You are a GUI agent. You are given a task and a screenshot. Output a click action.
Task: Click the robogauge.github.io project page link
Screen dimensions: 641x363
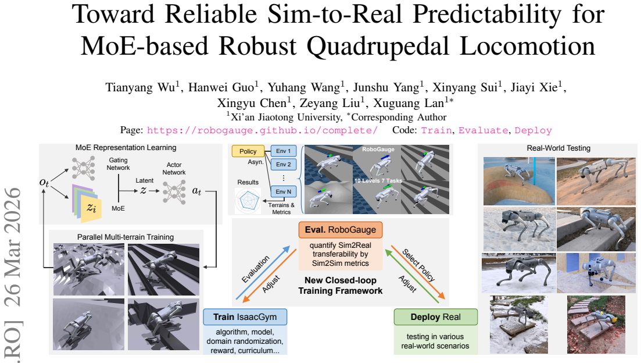(262, 130)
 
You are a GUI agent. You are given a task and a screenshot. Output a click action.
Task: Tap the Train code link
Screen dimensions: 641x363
(436, 130)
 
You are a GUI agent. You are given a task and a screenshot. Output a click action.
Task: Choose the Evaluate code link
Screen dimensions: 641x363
(483, 130)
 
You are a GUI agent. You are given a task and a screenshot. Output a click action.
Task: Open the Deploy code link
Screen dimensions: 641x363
(533, 130)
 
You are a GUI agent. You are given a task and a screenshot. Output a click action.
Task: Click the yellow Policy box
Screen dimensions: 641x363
(248, 151)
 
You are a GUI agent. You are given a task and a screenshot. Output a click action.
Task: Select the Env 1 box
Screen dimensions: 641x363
(283, 151)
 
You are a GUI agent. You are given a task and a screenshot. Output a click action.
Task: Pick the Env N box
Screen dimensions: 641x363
(283, 191)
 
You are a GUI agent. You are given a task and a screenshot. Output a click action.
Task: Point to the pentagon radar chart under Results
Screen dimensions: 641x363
(248, 200)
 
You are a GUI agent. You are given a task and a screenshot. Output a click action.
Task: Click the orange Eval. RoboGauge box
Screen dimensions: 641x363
(341, 230)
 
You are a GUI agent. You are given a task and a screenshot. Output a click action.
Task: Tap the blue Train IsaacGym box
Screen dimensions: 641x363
(245, 317)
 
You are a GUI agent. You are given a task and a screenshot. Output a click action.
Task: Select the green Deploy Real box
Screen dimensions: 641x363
(435, 317)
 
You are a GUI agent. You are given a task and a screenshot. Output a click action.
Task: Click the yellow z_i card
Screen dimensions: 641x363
(91, 208)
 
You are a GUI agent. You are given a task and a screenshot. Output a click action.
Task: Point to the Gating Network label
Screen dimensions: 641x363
(118, 164)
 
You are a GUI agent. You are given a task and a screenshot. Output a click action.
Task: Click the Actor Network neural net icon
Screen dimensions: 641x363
(174, 191)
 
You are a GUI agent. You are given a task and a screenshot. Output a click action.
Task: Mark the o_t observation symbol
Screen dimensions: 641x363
(44, 182)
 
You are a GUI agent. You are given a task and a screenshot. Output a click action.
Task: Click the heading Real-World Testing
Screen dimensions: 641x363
(558, 148)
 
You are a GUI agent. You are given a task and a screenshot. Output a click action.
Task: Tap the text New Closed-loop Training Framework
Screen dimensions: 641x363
(341, 286)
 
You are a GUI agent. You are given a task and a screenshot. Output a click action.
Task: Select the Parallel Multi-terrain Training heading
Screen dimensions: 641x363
(126, 237)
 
